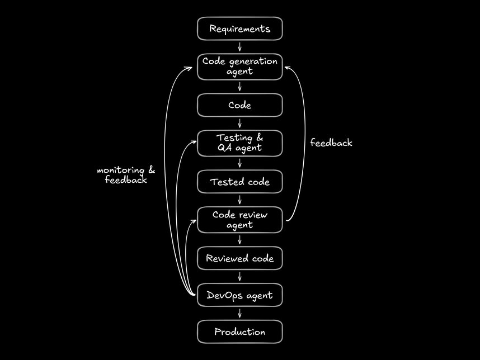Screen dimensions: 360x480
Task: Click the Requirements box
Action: pyautogui.click(x=239, y=29)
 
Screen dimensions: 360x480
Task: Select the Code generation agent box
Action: pyautogui.click(x=239, y=67)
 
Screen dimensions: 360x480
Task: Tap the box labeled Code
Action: pyautogui.click(x=239, y=105)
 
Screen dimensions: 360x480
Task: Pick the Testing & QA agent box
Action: pyautogui.click(x=239, y=143)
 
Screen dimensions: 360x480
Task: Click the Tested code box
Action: pyautogui.click(x=239, y=182)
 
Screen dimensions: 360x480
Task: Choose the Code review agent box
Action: pyautogui.click(x=239, y=220)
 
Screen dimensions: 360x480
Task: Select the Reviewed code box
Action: pyautogui.click(x=239, y=258)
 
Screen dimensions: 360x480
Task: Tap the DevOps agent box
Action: pyautogui.click(x=239, y=295)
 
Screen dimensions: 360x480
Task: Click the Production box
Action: pyautogui.click(x=239, y=332)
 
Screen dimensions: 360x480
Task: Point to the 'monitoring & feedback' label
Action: pyautogui.click(x=126, y=175)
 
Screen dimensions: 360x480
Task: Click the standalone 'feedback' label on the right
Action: pyautogui.click(x=331, y=143)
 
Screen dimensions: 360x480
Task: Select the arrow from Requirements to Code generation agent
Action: pyautogui.click(x=239, y=47)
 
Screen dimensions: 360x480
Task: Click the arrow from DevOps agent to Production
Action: pyautogui.click(x=239, y=314)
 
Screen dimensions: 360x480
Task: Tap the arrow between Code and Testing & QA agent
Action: pyautogui.click(x=239, y=124)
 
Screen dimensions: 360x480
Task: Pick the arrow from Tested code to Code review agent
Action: pyautogui.click(x=239, y=200)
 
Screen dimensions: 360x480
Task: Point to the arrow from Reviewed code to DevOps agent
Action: pyautogui.click(x=239, y=277)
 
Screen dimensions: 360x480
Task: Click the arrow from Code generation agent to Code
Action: pyautogui.click(x=239, y=86)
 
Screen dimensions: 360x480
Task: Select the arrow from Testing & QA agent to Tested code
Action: pyautogui.click(x=239, y=163)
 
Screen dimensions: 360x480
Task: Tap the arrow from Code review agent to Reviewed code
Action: pyautogui.click(x=239, y=239)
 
